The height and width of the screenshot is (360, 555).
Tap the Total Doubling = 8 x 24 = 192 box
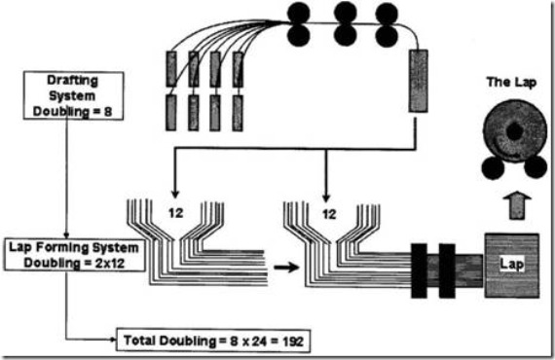[213, 342]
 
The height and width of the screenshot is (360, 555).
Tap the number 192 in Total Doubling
[294, 342]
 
